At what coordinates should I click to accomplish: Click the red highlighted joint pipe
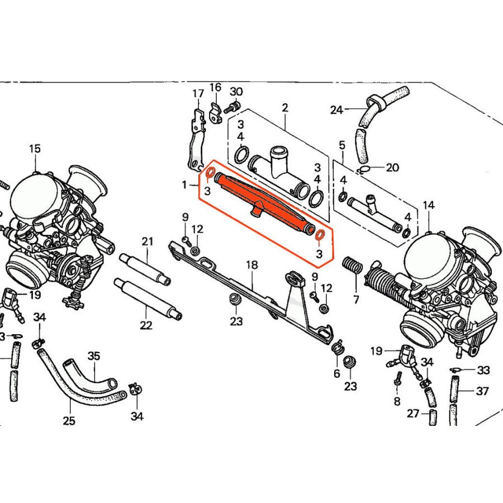tap(263, 205)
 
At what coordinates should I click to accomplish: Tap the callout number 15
tap(35, 149)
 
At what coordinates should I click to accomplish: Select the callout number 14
tap(428, 205)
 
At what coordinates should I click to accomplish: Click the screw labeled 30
tap(235, 107)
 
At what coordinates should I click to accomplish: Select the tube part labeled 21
tap(144, 269)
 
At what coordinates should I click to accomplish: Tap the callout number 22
tap(146, 325)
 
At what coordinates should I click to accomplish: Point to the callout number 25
tap(69, 420)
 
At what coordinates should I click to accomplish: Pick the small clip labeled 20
tap(364, 169)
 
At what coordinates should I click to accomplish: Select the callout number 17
tap(198, 93)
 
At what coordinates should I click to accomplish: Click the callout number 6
tap(337, 374)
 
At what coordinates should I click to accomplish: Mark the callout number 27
tap(412, 414)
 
